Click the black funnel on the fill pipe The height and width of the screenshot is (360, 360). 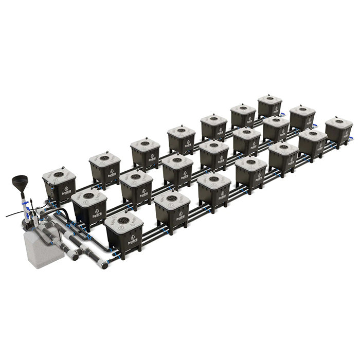point(21,183)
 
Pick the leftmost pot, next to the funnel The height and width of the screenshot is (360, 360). point(59,186)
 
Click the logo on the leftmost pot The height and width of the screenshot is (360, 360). point(66,192)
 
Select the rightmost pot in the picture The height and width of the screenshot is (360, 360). point(339,131)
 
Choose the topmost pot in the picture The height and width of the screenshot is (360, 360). point(269,105)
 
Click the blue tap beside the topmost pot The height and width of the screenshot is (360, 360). point(282,113)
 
